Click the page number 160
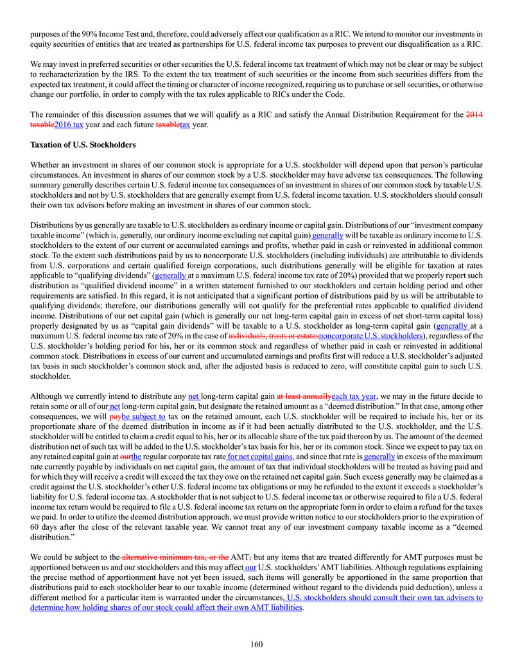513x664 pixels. tap(256, 644)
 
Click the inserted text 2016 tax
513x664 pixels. tap(69, 125)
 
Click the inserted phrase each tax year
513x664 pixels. tap(354, 396)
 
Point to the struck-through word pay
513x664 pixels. tap(116, 416)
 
